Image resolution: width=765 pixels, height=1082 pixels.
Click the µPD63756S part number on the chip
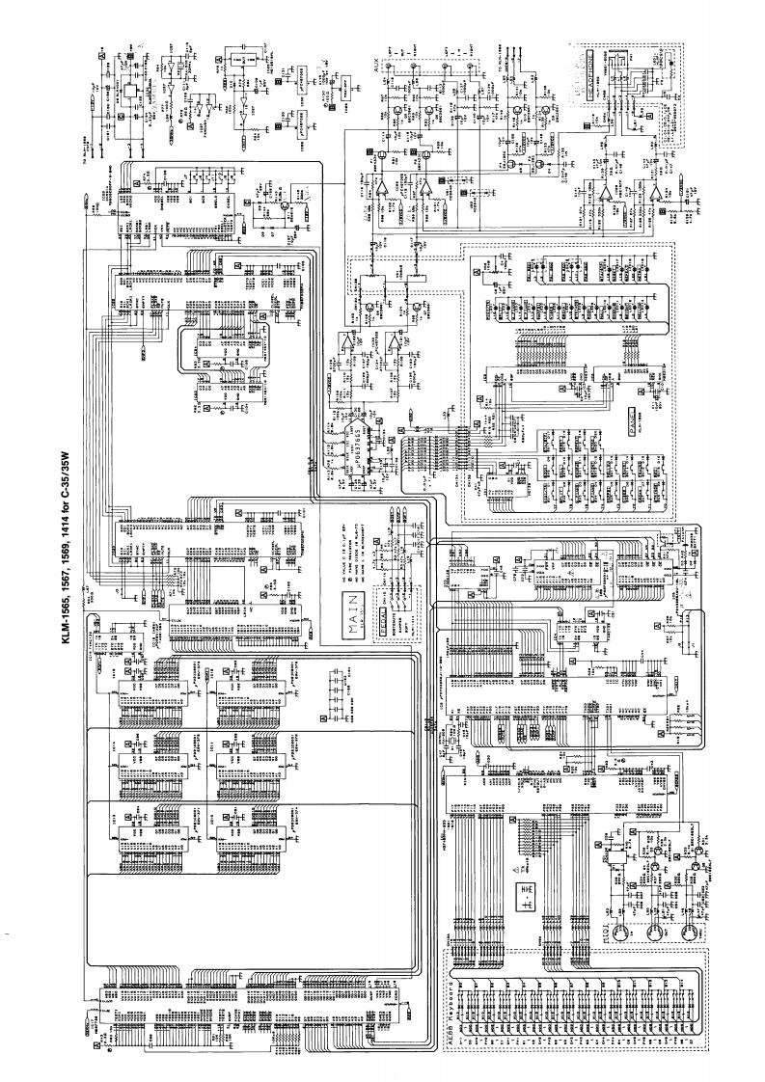click(354, 453)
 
